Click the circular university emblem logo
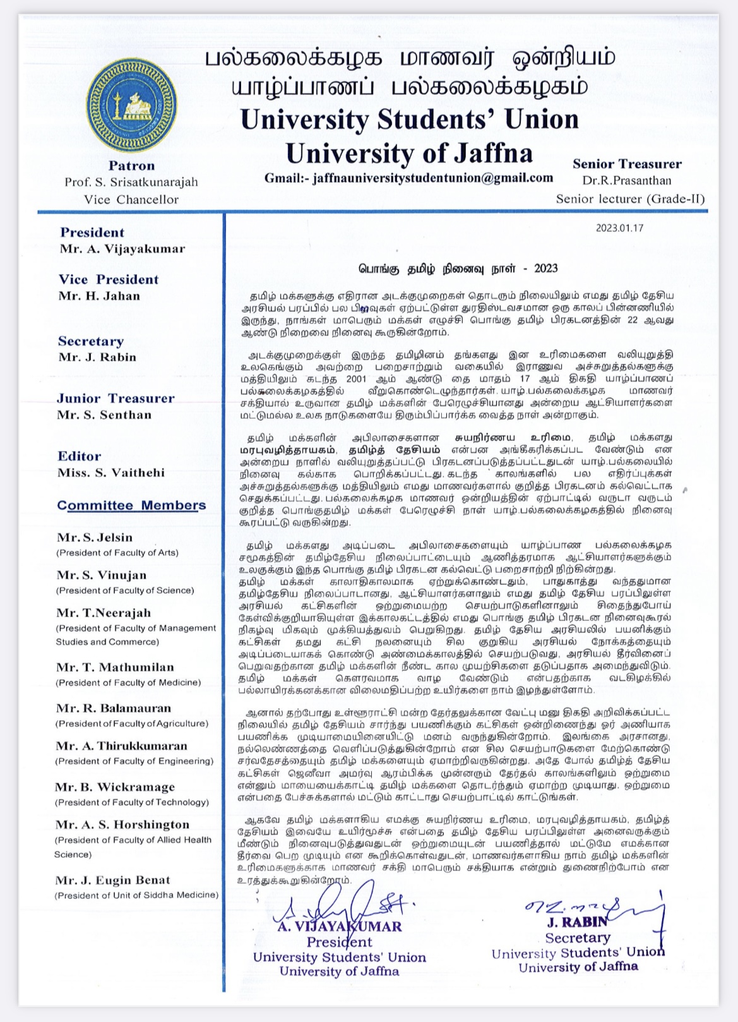point(131,105)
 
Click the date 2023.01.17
point(619,228)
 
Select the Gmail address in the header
point(408,178)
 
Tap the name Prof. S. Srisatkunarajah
point(131,183)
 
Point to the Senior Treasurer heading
point(627,164)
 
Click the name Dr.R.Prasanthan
point(627,181)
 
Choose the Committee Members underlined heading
point(131,505)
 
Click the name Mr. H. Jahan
point(99,296)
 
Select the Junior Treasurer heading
point(116,399)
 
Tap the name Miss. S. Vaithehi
point(110,473)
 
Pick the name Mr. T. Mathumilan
point(114,668)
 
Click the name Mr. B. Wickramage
point(114,787)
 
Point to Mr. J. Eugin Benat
point(112,881)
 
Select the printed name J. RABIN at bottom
point(577,922)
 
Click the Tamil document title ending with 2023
point(458,268)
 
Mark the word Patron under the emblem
point(131,166)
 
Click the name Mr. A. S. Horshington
point(122,825)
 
